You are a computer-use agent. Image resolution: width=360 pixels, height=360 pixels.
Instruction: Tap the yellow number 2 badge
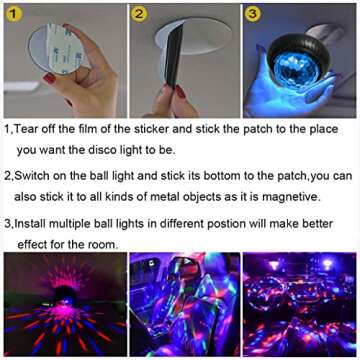(x=141, y=15)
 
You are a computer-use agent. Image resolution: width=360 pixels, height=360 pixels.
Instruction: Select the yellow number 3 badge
(x=254, y=14)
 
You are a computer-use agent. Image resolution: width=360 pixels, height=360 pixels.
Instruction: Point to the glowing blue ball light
(x=296, y=76)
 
